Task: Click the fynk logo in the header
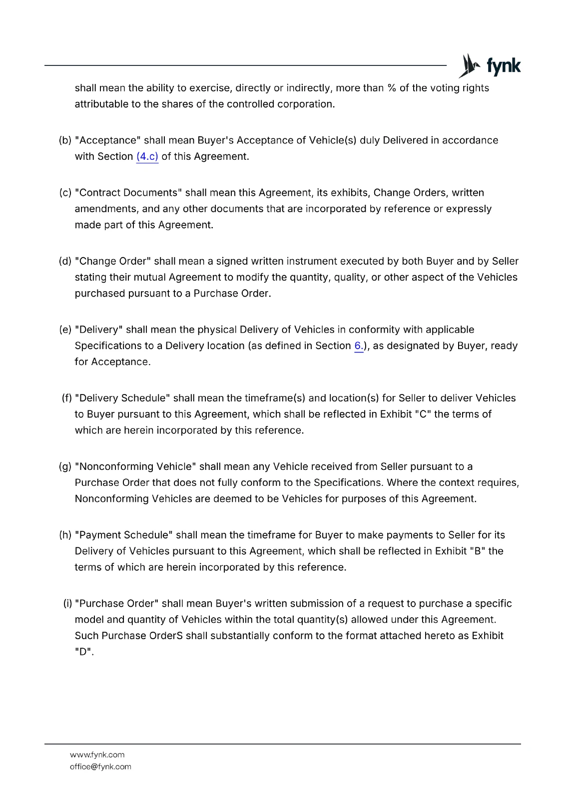pos(490,66)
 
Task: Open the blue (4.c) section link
pos(147,157)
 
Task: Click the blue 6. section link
pos(359,346)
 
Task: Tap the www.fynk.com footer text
pos(97,755)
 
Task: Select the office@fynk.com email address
pos(100,767)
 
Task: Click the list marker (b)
pos(65,140)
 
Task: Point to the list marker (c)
pos(65,193)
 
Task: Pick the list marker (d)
pos(65,261)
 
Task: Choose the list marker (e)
pos(65,330)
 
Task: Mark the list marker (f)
pos(67,398)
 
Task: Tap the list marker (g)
pos(65,466)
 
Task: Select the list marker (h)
pos(65,535)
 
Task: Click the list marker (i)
pos(67,603)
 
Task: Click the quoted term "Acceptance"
pos(108,140)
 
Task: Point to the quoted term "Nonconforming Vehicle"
pos(135,466)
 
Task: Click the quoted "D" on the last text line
pos(83,652)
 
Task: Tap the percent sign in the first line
pos(392,88)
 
